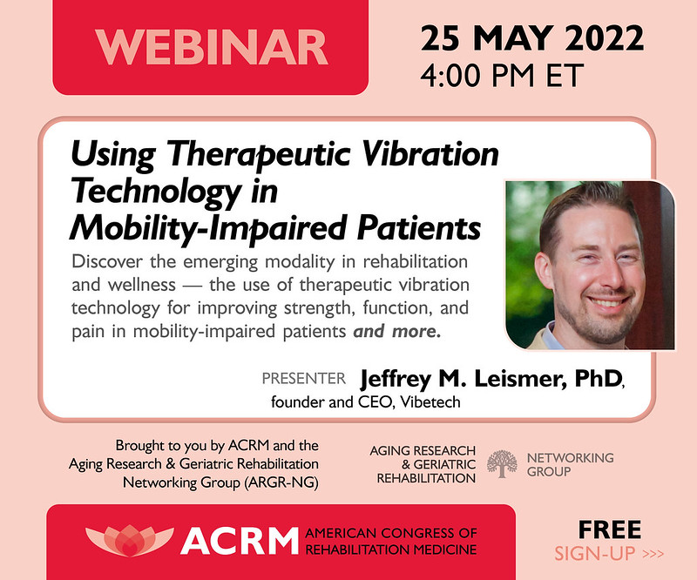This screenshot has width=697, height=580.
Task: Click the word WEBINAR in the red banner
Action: pos(213,48)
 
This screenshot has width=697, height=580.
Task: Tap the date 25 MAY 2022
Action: pos(532,38)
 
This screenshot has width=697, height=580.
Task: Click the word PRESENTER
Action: pos(304,380)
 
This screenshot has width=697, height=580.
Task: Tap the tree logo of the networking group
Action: pos(501,465)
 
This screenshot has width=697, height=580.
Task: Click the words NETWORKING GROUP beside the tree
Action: pos(570,464)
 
